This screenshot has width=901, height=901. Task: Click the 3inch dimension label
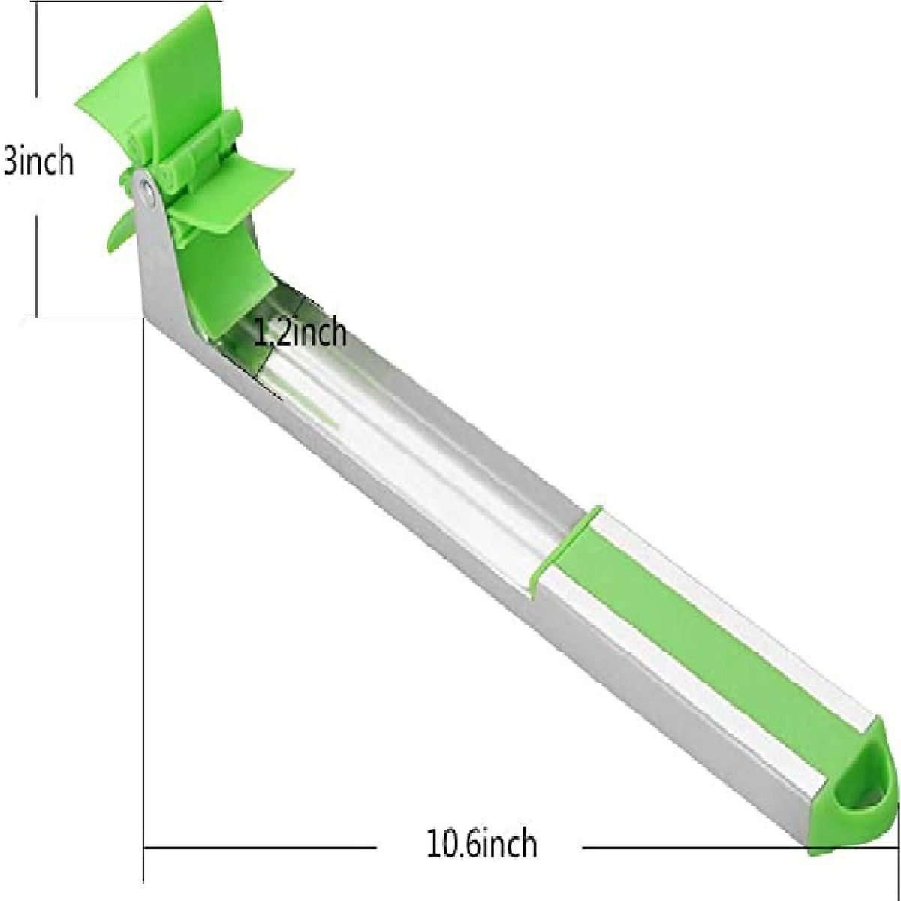(38, 161)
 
